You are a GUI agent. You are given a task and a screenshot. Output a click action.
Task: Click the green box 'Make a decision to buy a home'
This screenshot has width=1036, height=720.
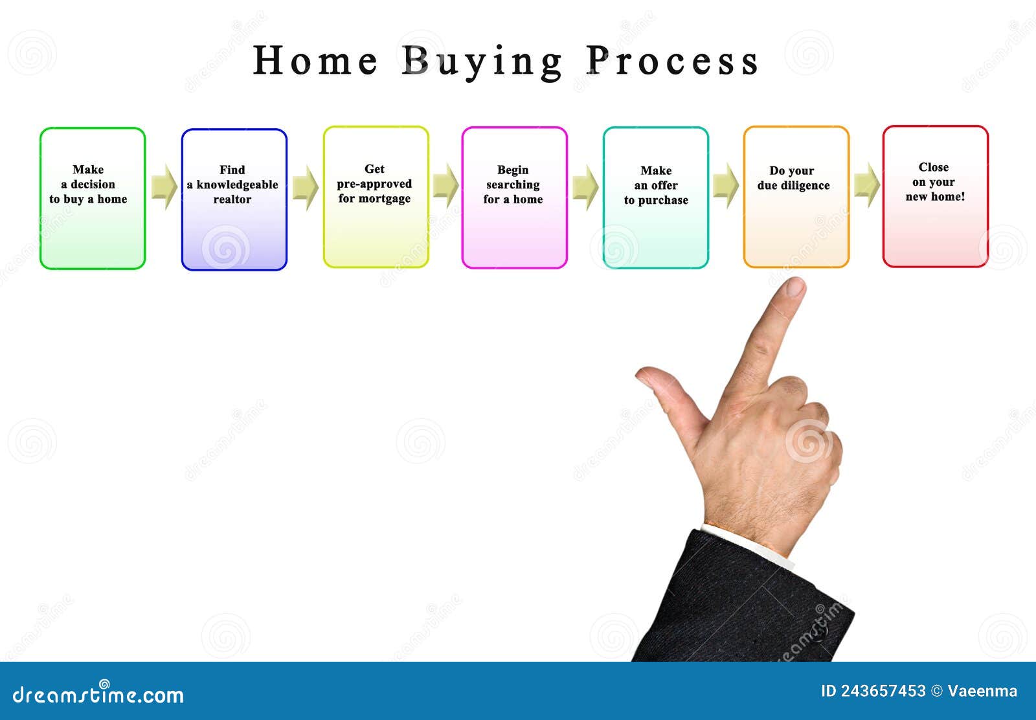click(93, 198)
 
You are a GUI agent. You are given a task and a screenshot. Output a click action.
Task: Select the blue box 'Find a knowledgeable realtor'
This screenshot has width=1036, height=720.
click(234, 199)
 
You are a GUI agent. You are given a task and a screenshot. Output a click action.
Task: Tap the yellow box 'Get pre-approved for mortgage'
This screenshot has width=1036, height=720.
click(376, 197)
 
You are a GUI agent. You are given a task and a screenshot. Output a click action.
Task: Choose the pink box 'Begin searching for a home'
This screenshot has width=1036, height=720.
click(514, 197)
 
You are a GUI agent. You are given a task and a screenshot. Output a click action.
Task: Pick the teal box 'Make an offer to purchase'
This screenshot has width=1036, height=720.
click(655, 197)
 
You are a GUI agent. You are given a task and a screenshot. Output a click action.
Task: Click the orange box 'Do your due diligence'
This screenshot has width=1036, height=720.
click(796, 197)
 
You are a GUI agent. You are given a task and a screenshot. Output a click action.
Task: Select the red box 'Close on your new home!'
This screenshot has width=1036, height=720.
click(935, 196)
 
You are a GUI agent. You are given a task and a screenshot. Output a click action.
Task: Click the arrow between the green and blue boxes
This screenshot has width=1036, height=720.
click(164, 186)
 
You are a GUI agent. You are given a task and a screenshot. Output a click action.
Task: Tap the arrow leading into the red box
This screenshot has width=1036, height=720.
click(866, 185)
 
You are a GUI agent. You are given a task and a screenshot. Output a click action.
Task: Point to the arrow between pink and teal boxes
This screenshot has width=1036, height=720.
click(585, 186)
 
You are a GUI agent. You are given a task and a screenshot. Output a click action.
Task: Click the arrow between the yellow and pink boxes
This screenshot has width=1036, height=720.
click(445, 186)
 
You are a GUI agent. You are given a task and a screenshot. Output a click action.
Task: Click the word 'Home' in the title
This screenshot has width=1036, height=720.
click(315, 62)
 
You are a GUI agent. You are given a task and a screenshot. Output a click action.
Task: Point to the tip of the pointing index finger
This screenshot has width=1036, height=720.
click(796, 286)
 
